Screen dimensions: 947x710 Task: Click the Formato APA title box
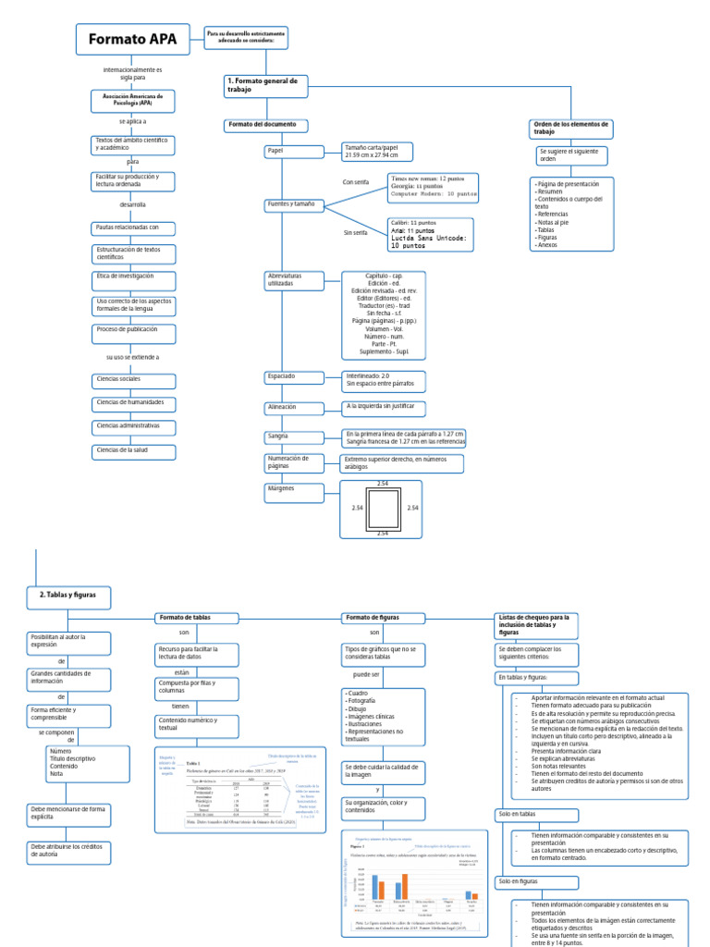133,39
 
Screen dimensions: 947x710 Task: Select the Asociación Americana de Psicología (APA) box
133,100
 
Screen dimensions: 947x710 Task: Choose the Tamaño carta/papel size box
364,151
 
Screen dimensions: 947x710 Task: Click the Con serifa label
355,182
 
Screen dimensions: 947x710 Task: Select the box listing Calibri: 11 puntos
430,235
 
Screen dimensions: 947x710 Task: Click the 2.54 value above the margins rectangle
383,484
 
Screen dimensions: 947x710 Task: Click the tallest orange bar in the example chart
405,886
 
